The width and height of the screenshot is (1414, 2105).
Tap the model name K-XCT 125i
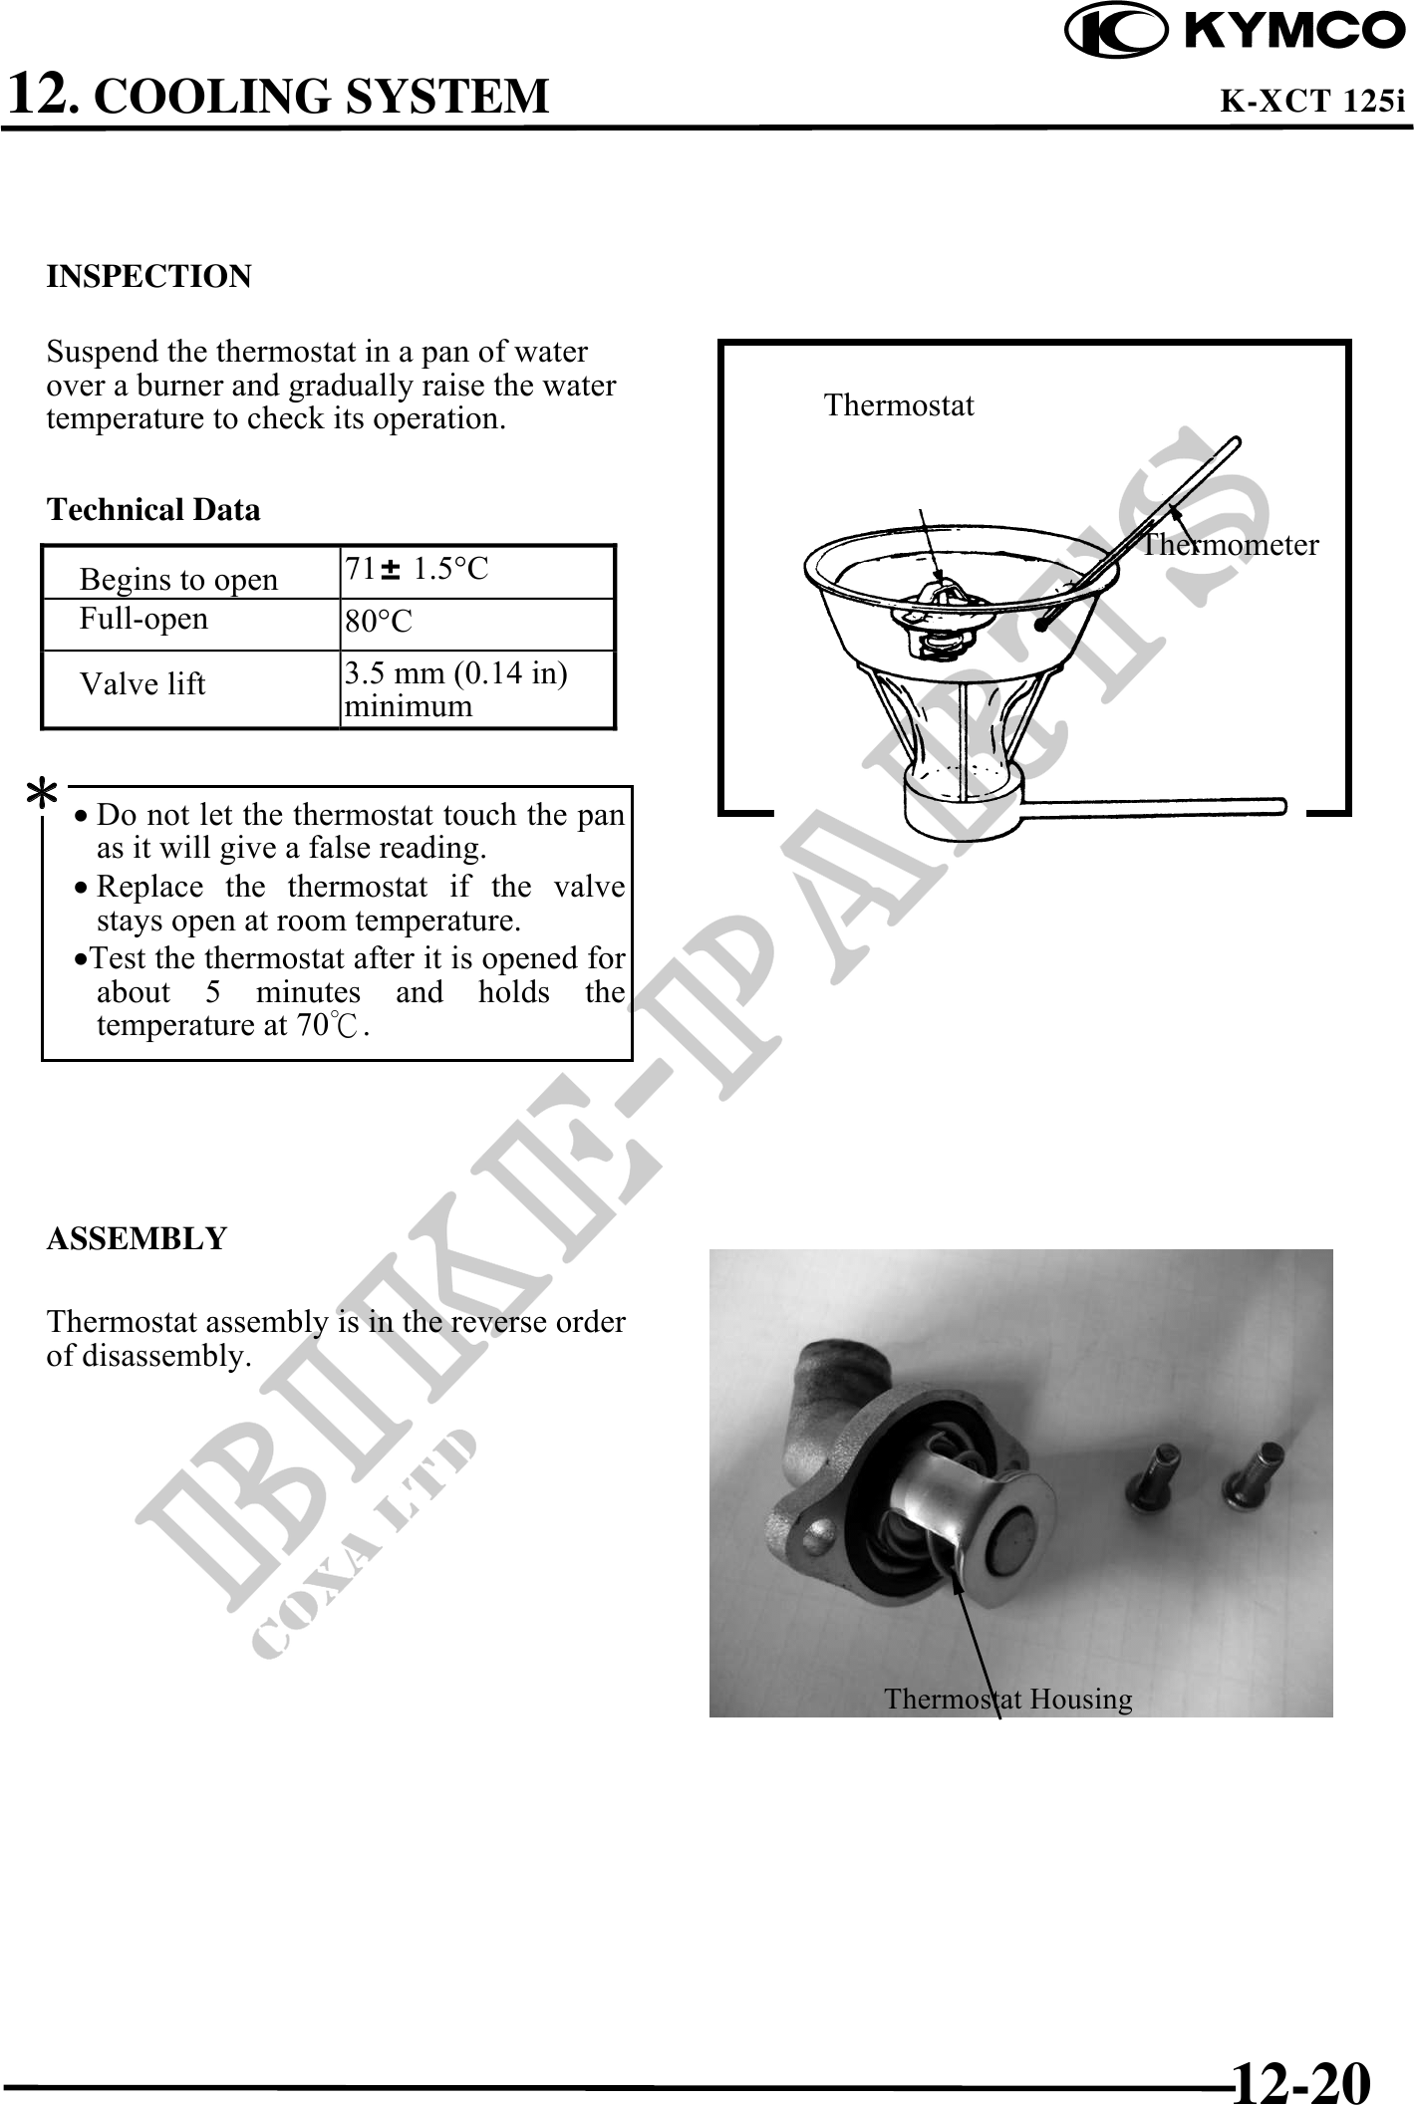(1312, 102)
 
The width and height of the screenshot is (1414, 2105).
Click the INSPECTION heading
(149, 276)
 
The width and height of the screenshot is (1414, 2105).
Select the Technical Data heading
(153, 510)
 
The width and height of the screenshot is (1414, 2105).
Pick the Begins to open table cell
(179, 579)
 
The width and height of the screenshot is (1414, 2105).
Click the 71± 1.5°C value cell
(418, 570)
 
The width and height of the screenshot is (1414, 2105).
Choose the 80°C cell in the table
(379, 623)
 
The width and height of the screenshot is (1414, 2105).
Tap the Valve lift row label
(142, 684)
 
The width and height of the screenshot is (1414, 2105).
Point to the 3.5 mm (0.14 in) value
(456, 674)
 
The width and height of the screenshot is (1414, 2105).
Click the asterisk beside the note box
(42, 798)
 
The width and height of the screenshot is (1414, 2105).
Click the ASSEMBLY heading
(138, 1239)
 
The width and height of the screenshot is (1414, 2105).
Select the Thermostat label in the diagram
(899, 405)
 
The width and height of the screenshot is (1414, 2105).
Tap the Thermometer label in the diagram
(1231, 545)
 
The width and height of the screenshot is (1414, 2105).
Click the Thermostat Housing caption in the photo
(1007, 1699)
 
